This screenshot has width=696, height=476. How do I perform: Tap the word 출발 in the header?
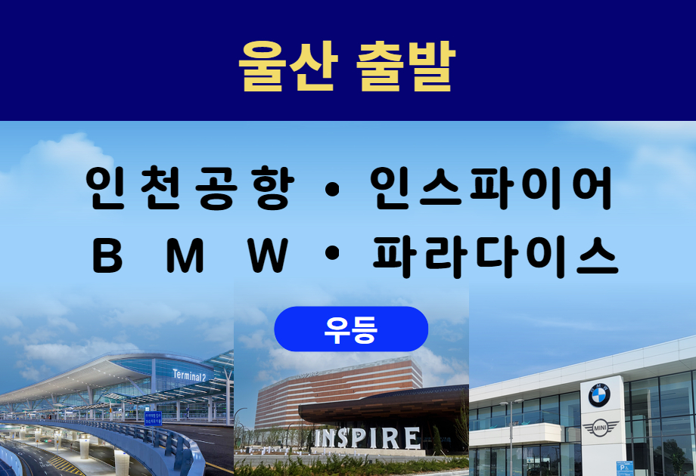(405, 66)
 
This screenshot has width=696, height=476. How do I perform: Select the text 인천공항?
(190, 188)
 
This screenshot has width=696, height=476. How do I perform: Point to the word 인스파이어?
(491, 188)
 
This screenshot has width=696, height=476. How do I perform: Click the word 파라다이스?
(496, 257)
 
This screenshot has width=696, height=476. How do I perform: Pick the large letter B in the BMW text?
(107, 255)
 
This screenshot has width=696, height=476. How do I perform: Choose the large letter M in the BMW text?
(185, 255)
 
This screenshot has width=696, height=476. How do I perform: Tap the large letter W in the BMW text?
(268, 255)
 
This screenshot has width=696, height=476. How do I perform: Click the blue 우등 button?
(351, 329)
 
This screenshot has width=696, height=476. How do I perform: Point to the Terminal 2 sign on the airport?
(190, 376)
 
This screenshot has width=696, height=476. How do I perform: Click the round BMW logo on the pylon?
(599, 395)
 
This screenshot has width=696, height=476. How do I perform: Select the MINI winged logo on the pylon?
(600, 428)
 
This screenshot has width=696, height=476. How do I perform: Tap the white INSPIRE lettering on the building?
(367, 438)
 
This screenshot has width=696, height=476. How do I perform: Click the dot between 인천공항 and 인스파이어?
(332, 189)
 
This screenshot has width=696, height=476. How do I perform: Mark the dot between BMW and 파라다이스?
(332, 254)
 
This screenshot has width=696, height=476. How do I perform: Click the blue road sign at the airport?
(153, 419)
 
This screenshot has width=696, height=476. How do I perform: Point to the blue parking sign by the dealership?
(625, 468)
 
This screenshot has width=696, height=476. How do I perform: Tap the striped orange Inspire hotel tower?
(337, 390)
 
